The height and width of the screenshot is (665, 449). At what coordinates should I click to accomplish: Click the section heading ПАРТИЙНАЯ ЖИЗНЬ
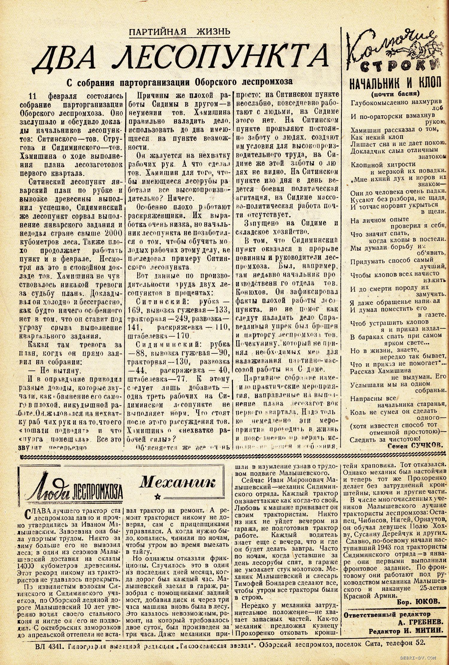pyautogui.click(x=179, y=31)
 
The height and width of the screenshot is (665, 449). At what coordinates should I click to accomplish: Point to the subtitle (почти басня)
pyautogui.click(x=395, y=94)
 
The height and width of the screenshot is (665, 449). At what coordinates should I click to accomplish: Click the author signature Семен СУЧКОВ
pyautogui.click(x=415, y=445)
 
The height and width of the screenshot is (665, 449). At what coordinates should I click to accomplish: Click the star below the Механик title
pyautogui.click(x=158, y=497)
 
